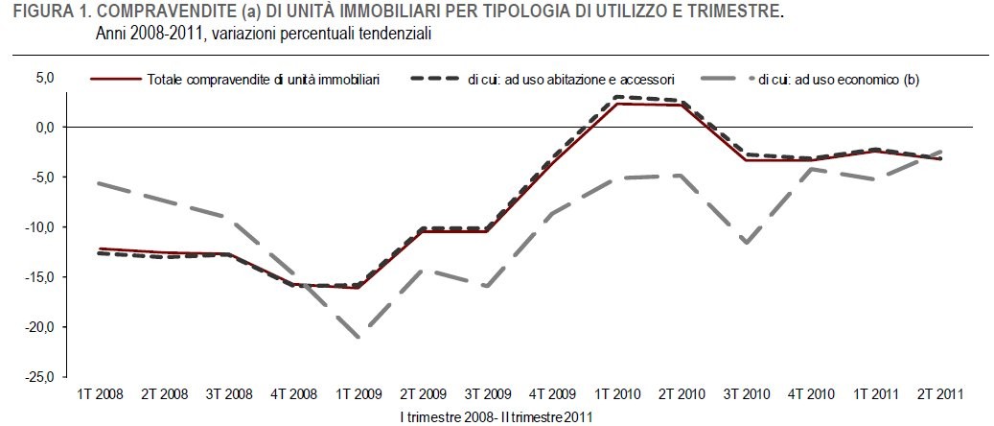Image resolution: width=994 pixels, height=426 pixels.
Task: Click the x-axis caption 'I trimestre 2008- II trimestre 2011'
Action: tap(497, 415)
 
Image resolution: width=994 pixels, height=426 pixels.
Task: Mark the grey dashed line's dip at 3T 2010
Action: tap(746, 243)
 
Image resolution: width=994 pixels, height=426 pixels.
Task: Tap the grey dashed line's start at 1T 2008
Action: tap(100, 182)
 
